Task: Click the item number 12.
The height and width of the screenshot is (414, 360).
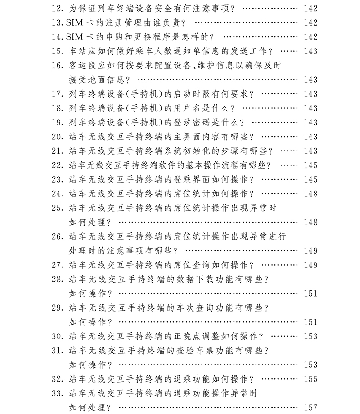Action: click(x=58, y=9)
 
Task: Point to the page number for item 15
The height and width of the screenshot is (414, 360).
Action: click(x=310, y=51)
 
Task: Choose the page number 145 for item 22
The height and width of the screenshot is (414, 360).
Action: click(x=310, y=165)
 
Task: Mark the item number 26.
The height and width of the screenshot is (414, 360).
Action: click(x=58, y=236)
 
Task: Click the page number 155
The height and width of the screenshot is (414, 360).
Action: click(x=310, y=379)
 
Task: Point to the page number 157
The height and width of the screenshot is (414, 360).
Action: click(x=310, y=407)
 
